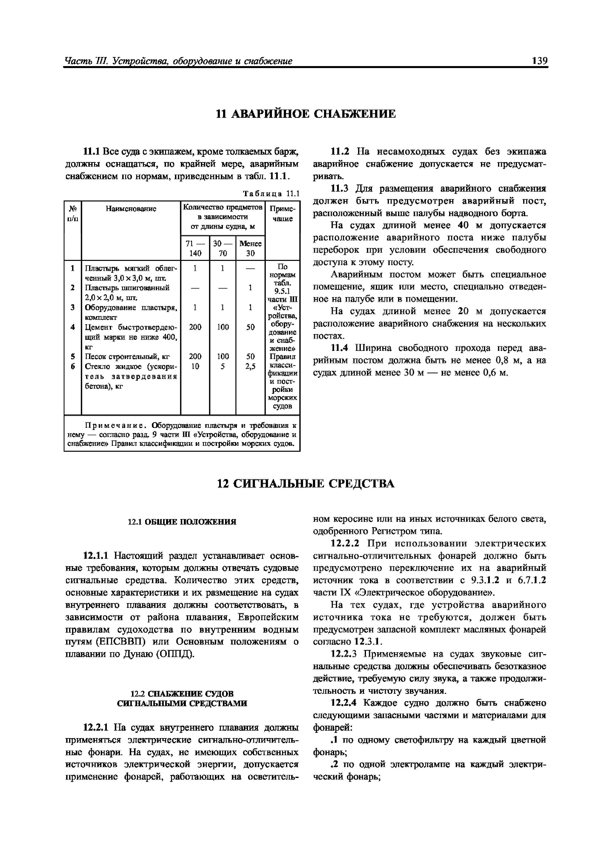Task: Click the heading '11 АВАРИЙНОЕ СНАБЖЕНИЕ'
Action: tap(306, 114)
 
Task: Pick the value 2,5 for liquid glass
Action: tap(250, 366)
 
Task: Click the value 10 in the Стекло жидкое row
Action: tap(195, 366)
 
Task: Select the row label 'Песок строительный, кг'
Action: tap(127, 356)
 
